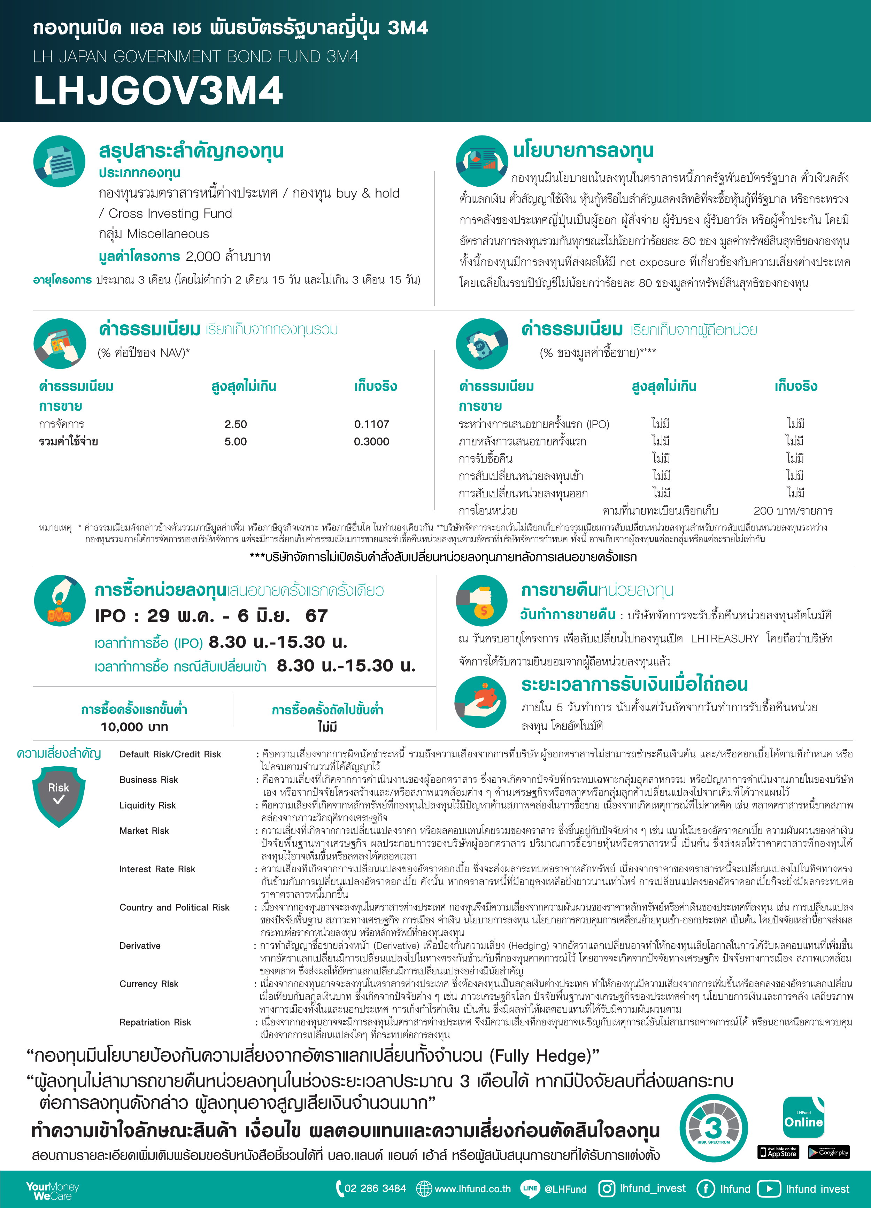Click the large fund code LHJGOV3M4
[x=158, y=91]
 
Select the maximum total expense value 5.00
[x=236, y=442]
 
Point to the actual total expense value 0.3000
[x=371, y=442]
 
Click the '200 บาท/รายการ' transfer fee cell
[x=793, y=511]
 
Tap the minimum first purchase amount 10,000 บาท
[x=134, y=727]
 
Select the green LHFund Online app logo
[x=803, y=1117]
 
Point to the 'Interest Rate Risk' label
[x=157, y=869]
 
